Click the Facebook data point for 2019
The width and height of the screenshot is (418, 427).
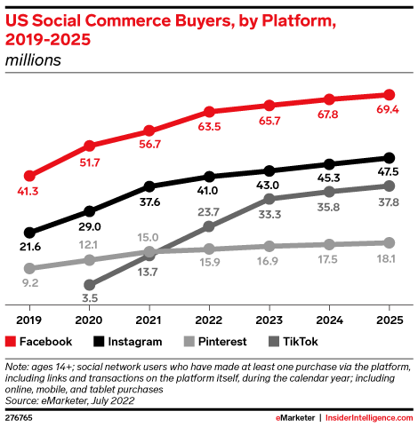coord(29,176)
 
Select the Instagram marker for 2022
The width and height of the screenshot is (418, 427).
coord(209,177)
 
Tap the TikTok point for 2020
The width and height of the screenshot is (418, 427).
coord(89,286)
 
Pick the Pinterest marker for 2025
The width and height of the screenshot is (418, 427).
coord(389,242)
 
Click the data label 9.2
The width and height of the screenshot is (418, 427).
coord(31,284)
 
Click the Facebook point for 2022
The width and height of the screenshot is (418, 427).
coord(209,112)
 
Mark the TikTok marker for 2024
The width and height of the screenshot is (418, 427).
coord(329,192)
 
